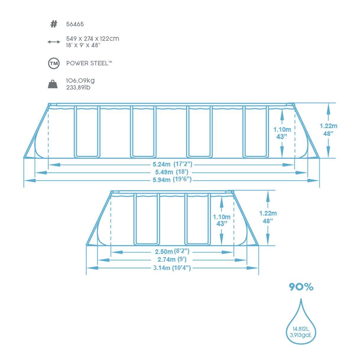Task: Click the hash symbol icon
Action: point(53,24)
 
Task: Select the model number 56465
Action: point(75,24)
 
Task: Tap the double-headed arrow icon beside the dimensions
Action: point(54,42)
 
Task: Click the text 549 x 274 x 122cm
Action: point(93,39)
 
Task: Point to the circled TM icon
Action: point(54,64)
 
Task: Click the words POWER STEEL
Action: point(87,63)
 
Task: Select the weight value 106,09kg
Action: point(80,81)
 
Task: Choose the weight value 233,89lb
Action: point(78,87)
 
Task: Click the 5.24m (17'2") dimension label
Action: point(172,164)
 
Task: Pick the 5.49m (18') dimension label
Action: point(172,172)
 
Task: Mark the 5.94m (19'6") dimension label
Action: point(172,180)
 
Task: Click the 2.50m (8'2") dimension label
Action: point(172,252)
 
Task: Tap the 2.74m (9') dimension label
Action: point(172,259)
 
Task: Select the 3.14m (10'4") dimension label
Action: point(172,268)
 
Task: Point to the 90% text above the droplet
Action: point(301,287)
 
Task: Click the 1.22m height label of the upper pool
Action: point(328,126)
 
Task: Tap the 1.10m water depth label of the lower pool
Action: point(222,217)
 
